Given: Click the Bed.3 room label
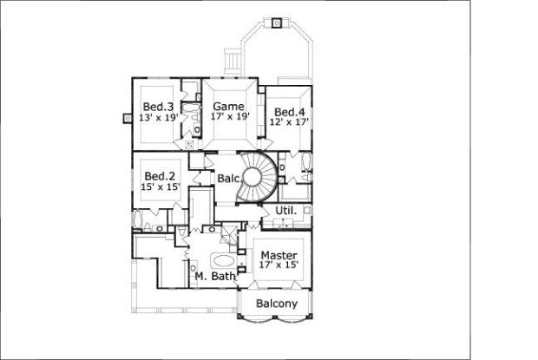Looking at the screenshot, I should tap(156, 105).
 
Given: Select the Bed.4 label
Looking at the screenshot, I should tap(290, 112).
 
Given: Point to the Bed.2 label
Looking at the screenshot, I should tap(160, 173).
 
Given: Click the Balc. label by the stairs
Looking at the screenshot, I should tap(228, 179).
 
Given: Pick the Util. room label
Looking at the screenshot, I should tap(286, 211).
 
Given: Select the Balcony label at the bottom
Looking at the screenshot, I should tap(277, 304).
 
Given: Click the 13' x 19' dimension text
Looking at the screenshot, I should tap(156, 116).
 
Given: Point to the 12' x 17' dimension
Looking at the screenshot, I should tap(290, 123).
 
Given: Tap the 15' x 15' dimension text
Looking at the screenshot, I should tap(160, 186).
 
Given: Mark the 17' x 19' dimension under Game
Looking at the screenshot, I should tap(230, 116).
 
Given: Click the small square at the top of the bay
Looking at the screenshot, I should tap(276, 23).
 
